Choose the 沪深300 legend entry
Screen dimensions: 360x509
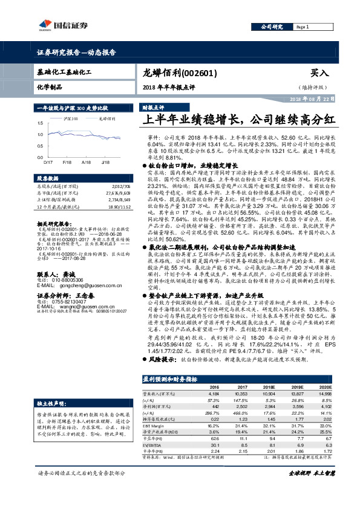(x=71, y=120)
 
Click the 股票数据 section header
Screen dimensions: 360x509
(x=48, y=179)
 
